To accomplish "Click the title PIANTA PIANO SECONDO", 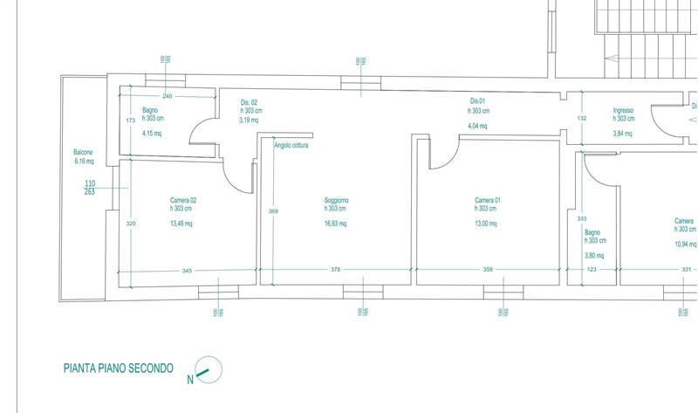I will [118, 368].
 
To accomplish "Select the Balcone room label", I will [85, 152].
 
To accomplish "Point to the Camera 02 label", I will [183, 200].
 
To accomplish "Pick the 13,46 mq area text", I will [182, 224].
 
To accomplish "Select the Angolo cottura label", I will [291, 146].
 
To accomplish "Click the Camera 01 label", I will [487, 200].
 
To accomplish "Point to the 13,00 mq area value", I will [487, 224].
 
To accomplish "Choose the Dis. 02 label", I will [250, 103].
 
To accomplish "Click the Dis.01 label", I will [477, 102].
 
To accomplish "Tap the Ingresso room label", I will [622, 110].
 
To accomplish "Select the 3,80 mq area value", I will [594, 256].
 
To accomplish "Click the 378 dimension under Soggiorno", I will [336, 270].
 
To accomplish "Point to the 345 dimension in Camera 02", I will [187, 270].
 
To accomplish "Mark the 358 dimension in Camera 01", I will [488, 270].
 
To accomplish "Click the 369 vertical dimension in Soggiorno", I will [273, 211].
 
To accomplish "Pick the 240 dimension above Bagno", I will [168, 95].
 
